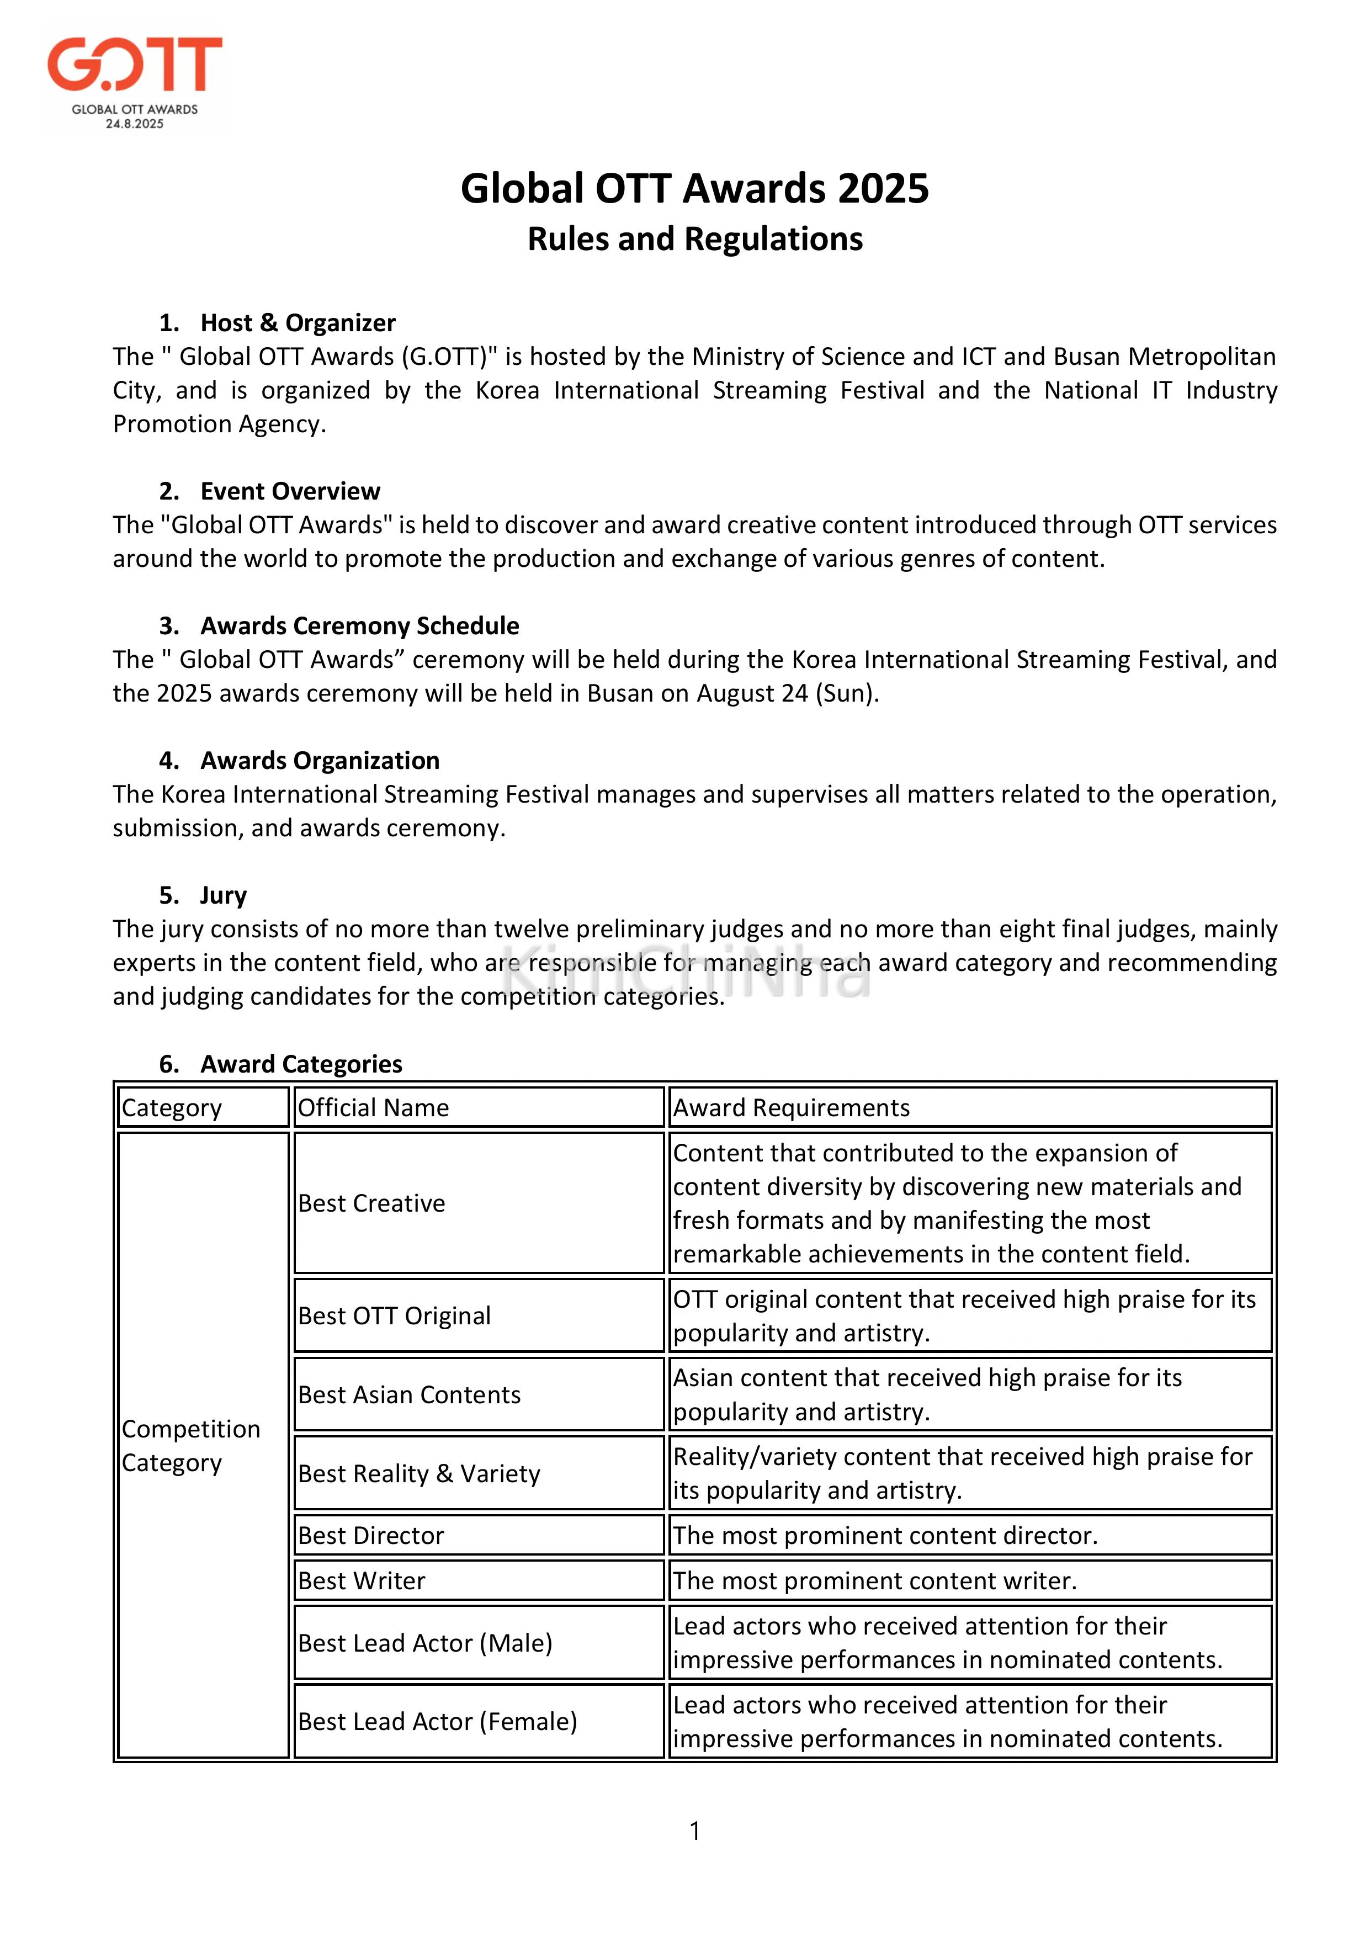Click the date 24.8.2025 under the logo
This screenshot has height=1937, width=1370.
coord(135,124)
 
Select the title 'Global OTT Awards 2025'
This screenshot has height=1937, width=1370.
coord(694,188)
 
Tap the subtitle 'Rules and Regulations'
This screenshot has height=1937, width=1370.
coord(694,239)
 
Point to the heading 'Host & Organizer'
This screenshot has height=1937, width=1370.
coord(297,322)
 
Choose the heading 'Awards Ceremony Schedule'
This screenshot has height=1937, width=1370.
coord(359,626)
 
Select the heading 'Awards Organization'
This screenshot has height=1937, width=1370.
coord(320,761)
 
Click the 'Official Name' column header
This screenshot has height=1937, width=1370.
coord(374,1108)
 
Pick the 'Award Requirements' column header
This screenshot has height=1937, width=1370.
coord(792,1108)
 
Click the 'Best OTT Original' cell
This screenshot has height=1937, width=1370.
coord(394,1316)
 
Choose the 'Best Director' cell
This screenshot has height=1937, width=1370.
coord(371,1536)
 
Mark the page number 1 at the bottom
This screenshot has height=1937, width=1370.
coord(694,1830)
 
